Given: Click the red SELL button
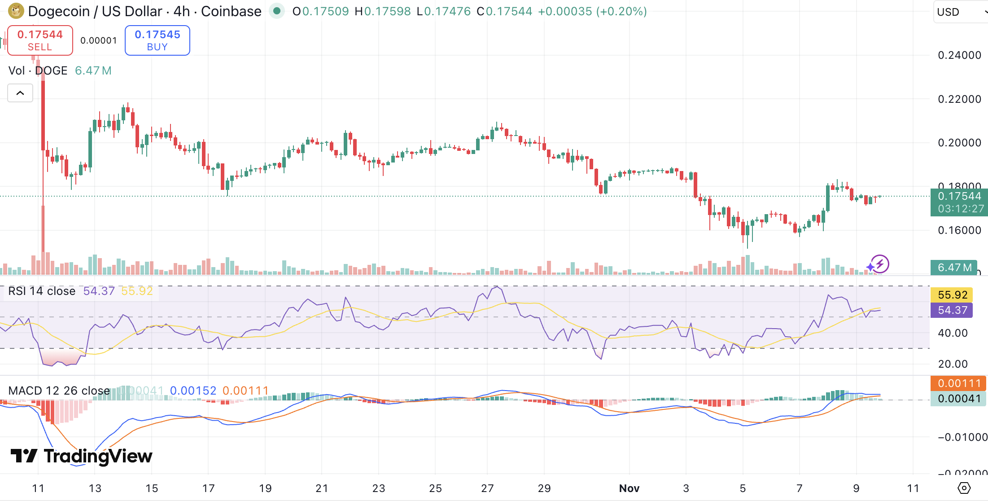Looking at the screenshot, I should (x=40, y=40).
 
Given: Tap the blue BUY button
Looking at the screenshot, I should (x=157, y=40).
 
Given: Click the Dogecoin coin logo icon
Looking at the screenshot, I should (x=16, y=11).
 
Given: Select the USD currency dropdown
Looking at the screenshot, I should (x=960, y=12).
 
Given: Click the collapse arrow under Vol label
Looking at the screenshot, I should (x=20, y=93).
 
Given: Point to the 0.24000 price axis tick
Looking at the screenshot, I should (x=959, y=55).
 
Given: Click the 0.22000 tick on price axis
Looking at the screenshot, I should (x=959, y=99).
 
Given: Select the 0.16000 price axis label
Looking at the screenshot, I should (x=959, y=230).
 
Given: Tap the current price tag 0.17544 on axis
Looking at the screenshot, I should (x=959, y=197).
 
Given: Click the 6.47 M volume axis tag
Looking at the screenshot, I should (x=954, y=268).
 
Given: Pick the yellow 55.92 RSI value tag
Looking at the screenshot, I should (x=952, y=295).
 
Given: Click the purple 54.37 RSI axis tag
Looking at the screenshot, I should (x=952, y=310).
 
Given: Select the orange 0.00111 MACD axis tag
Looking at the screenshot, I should (x=959, y=383).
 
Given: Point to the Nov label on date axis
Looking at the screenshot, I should (x=629, y=488).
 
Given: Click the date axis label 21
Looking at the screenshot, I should (x=322, y=488).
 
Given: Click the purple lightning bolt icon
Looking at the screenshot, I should (x=879, y=264).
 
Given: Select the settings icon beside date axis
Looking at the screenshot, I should (x=964, y=488).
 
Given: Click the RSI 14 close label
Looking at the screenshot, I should (x=42, y=291).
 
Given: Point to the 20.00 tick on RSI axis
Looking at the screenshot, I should (x=953, y=364).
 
